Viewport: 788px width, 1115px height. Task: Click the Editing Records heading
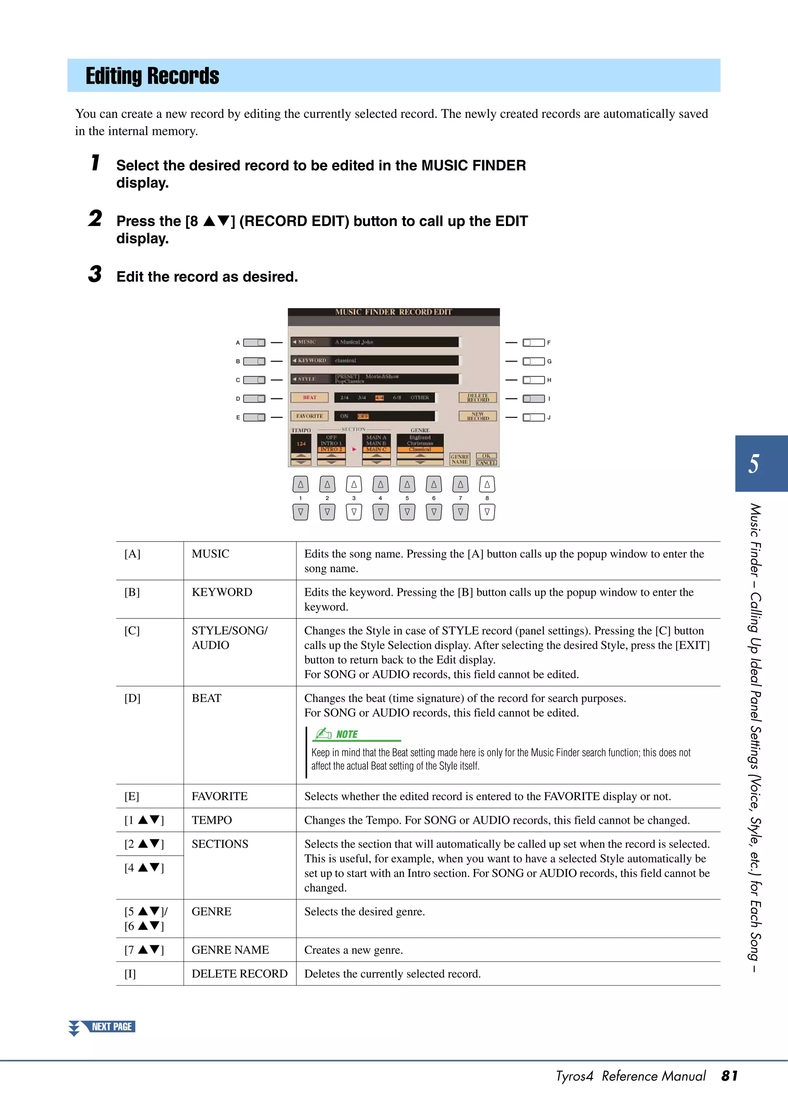tap(152, 76)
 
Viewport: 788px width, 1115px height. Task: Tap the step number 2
tap(95, 219)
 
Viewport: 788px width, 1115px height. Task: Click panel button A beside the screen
tap(254, 343)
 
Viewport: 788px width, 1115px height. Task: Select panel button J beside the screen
tap(533, 417)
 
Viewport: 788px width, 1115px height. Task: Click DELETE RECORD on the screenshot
tap(478, 398)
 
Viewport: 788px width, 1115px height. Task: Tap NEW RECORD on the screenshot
tap(478, 416)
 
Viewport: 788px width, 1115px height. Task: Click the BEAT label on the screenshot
tap(309, 398)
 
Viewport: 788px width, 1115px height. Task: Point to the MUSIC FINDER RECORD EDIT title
tap(393, 312)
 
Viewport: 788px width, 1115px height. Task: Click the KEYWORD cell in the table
tap(222, 592)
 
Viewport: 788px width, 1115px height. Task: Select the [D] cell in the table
tap(132, 698)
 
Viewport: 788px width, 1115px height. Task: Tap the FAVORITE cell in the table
tap(219, 796)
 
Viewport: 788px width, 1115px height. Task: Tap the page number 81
tap(729, 1076)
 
